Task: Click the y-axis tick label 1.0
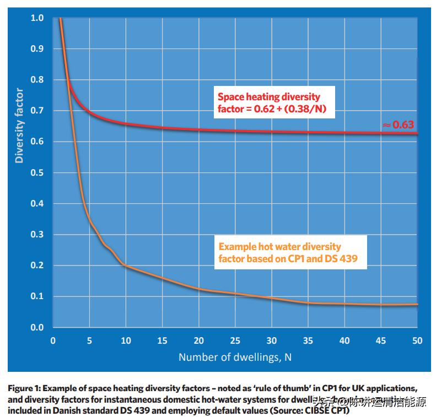click(x=37, y=18)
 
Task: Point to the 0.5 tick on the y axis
click(x=37, y=173)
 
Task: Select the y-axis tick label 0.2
click(x=37, y=266)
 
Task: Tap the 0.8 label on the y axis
click(x=37, y=80)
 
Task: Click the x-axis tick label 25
click(x=235, y=340)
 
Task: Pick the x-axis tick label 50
click(x=418, y=340)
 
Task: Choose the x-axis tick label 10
click(x=126, y=340)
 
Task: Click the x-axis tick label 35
click(x=308, y=340)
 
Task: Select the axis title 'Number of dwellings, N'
click(x=235, y=357)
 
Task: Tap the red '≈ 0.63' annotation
click(x=399, y=125)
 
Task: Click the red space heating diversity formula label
click(x=269, y=103)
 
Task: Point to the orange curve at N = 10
click(x=126, y=266)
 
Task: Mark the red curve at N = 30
click(x=272, y=132)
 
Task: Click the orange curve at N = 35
click(x=308, y=303)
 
